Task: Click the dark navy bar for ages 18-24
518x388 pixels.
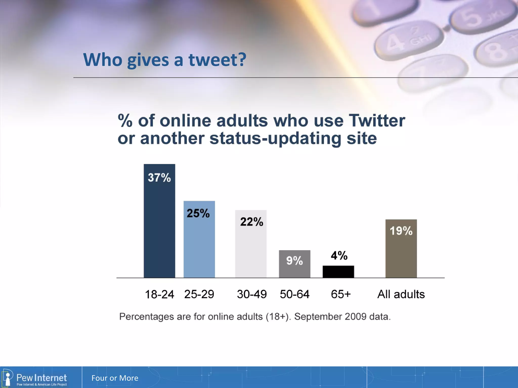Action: click(159, 227)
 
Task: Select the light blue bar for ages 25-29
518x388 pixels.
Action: click(199, 245)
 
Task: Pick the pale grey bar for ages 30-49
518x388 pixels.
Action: click(251, 250)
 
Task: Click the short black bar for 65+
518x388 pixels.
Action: click(338, 272)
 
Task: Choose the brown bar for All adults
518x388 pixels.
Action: click(401, 255)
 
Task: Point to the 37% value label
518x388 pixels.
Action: click(159, 178)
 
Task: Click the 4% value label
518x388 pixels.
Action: click(339, 256)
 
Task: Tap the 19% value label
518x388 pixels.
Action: click(401, 231)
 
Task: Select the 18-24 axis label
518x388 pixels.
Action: click(159, 294)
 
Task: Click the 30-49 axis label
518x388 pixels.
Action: click(252, 294)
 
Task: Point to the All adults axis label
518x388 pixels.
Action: click(401, 294)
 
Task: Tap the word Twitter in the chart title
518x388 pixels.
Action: click(377, 121)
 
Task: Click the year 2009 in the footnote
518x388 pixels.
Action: click(355, 317)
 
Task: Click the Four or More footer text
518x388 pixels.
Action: click(115, 378)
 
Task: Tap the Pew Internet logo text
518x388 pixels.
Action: click(41, 378)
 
